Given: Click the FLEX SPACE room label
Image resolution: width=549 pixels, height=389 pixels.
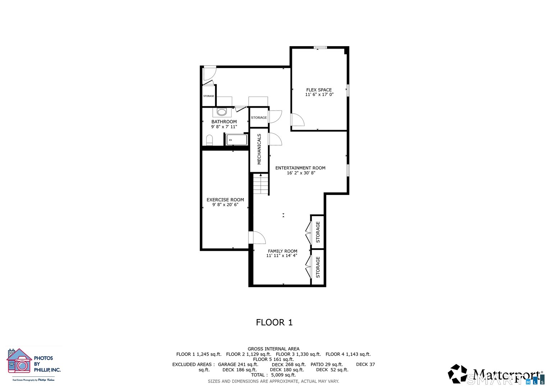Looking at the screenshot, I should [319, 90].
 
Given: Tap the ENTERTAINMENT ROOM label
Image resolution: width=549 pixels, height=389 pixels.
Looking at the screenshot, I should [300, 168].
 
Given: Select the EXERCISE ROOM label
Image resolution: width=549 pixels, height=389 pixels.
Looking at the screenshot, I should [225, 200].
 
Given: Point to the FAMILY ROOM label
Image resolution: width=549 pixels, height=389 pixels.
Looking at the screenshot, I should [282, 251].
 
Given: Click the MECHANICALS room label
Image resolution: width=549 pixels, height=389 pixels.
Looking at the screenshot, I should [259, 149].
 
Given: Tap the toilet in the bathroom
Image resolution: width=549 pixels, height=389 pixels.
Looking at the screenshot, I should [209, 140].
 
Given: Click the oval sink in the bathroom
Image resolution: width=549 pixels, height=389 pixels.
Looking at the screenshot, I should [222, 112].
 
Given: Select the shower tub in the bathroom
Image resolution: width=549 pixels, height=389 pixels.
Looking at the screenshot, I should [237, 140].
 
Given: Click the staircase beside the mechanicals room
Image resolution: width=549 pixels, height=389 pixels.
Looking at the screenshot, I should [261, 184].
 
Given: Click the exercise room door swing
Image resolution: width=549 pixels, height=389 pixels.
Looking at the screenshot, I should [256, 237].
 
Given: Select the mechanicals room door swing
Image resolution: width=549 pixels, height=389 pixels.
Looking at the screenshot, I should [275, 139].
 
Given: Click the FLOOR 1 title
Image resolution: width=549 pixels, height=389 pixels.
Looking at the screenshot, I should [274, 322].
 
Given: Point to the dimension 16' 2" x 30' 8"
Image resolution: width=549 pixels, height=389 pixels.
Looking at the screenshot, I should [301, 173].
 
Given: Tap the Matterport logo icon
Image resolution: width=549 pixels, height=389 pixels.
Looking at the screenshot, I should [457, 374].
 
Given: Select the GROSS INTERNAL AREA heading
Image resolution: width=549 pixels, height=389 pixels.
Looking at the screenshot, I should [273, 349].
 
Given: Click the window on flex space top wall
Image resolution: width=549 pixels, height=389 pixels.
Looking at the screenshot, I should [320, 47].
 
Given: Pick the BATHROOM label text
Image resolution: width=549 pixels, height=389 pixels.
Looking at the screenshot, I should [224, 122].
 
